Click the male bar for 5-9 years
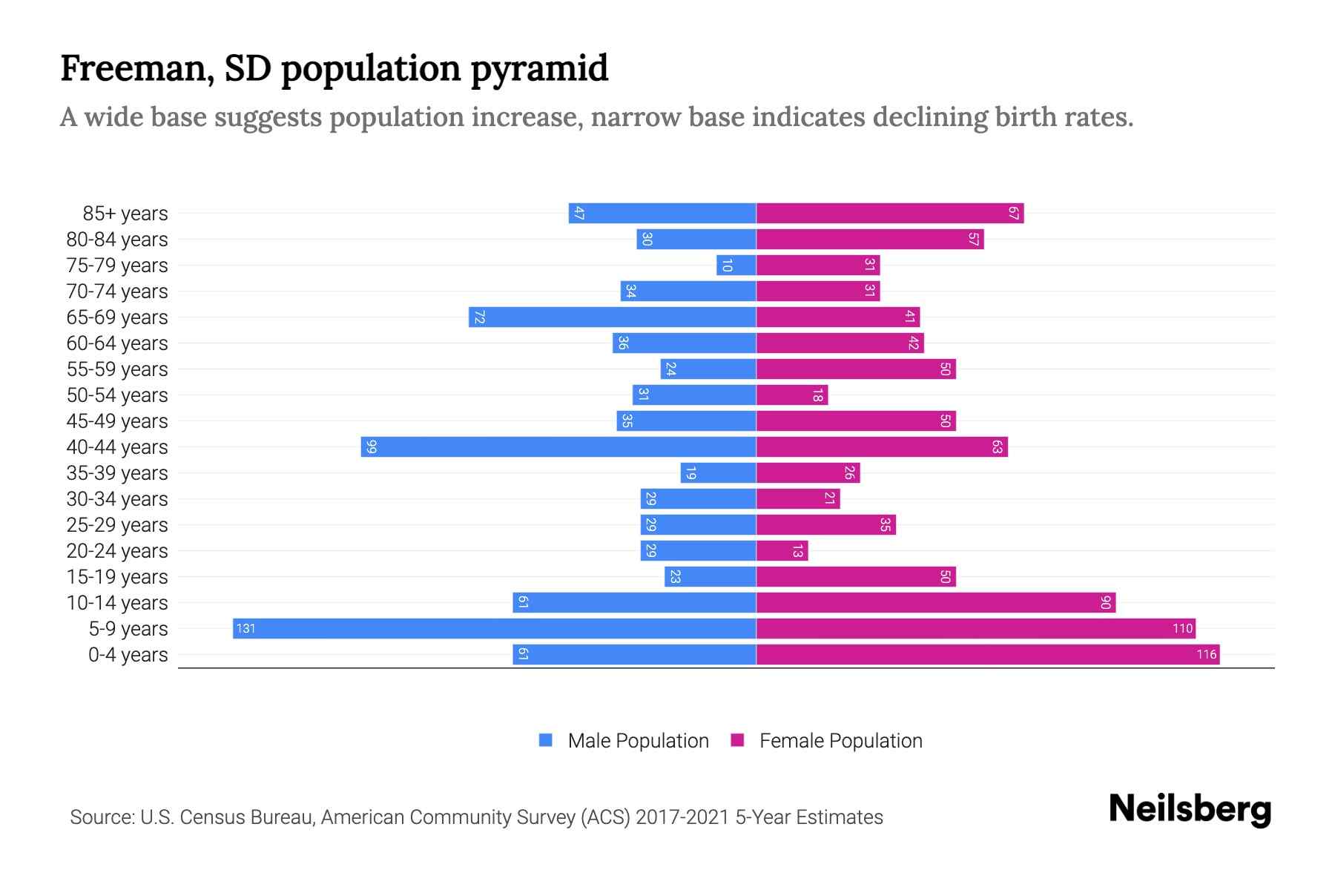494,628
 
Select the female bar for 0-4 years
987,654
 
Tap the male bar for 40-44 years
558,446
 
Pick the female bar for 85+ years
889,213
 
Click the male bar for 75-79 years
736,265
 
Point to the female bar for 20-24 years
782,550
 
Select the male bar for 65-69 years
612,317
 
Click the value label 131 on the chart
245,628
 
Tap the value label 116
1206,654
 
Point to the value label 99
372,446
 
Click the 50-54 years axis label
117,395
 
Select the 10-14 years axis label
117,602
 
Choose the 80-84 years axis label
117,239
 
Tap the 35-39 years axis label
117,472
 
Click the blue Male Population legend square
546,740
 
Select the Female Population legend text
840,740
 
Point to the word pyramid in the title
539,68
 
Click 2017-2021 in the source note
682,817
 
